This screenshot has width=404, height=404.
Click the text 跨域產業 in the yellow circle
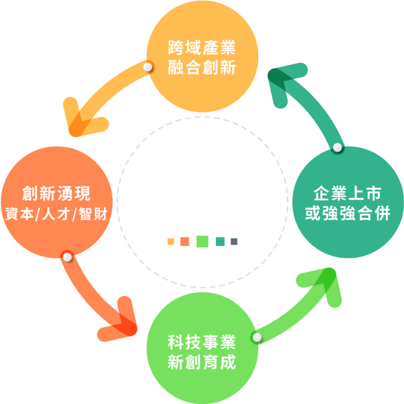coord(202,48)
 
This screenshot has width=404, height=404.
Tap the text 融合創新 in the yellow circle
coord(202,67)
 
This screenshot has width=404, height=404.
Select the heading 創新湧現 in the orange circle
coord(56,193)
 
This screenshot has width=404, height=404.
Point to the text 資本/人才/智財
coord(56,214)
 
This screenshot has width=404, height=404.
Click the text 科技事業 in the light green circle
coord(202,342)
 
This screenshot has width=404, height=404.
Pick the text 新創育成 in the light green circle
coord(202,362)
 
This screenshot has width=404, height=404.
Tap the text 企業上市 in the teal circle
coord(347,193)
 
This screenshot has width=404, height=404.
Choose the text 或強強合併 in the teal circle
coord(348,213)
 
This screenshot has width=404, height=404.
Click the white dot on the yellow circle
coord(147,67)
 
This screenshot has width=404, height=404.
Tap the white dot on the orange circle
coord(68,257)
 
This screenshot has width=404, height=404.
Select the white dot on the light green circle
coord(257,337)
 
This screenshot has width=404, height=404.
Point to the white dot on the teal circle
coord(338,148)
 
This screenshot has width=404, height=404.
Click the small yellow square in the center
coord(171,241)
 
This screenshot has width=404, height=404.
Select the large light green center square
coord(202,241)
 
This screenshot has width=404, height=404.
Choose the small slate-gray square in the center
coord(234,241)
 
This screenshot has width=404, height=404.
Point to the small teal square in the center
coord(220,241)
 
